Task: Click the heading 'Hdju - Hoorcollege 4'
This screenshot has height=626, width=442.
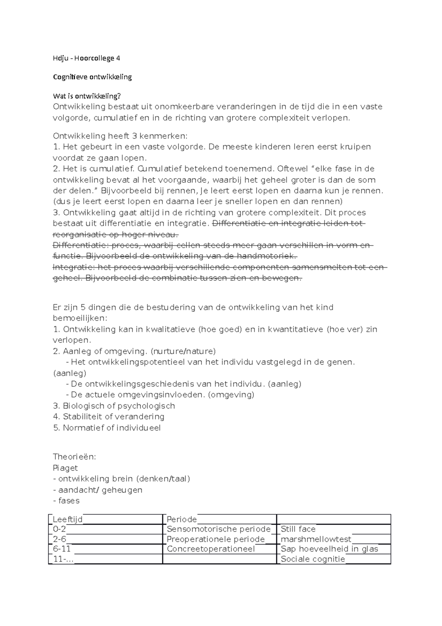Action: (x=87, y=58)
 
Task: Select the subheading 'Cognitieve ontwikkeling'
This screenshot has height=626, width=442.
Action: (x=92, y=77)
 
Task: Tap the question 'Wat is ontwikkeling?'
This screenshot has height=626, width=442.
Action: (x=87, y=96)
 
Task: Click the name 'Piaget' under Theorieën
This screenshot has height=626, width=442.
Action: (x=65, y=468)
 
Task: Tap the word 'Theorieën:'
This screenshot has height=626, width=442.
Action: (x=74, y=457)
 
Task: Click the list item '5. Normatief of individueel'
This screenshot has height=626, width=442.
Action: (x=107, y=428)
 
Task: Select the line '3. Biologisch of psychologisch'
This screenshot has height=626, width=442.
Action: (x=114, y=406)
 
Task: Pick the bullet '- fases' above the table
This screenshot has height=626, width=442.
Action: (x=66, y=501)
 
